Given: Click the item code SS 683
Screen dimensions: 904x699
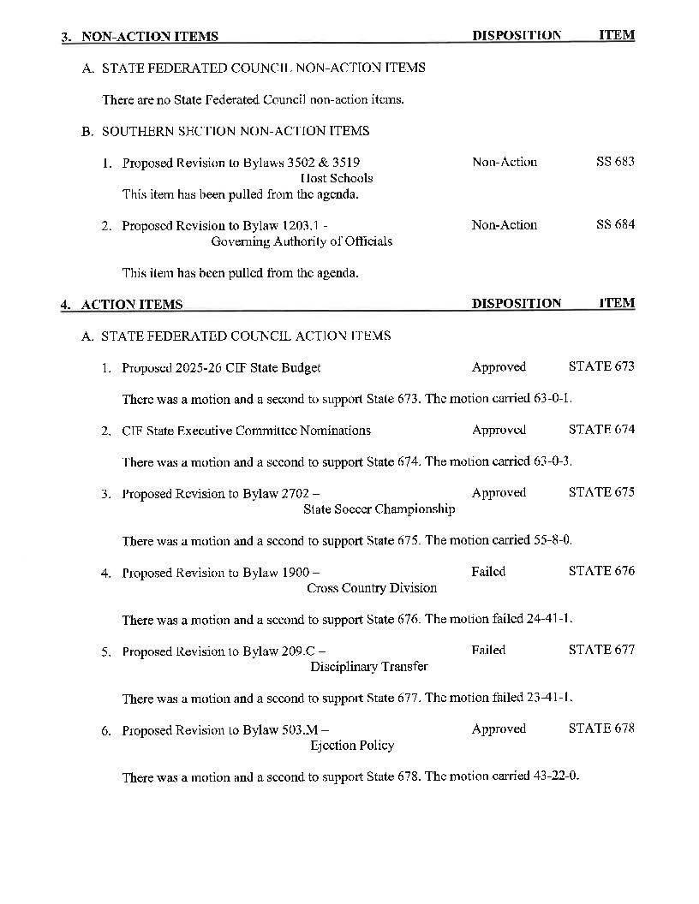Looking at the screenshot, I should (x=615, y=162).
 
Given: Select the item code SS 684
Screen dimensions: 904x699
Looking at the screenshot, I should (x=615, y=225).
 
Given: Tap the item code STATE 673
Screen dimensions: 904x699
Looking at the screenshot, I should (x=601, y=366).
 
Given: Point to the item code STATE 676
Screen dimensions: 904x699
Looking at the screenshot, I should (x=601, y=571).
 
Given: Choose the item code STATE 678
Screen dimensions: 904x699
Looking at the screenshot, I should (x=601, y=729).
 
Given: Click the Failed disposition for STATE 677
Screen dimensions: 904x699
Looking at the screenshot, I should (x=488, y=650).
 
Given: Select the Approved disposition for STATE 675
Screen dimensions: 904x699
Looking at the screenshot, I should (x=499, y=493).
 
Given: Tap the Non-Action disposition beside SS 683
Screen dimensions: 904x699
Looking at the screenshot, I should (x=505, y=162).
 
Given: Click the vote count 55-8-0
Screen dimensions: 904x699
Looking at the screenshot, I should (x=553, y=540).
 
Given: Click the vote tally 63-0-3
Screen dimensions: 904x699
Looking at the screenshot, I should (x=553, y=461).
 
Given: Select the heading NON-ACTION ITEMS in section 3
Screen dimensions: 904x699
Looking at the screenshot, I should (x=149, y=37).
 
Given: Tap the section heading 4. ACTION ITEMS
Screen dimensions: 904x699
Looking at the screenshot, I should (x=122, y=305).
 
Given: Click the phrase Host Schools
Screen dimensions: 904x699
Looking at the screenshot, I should (x=337, y=178).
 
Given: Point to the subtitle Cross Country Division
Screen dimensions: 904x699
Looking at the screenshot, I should (x=372, y=588).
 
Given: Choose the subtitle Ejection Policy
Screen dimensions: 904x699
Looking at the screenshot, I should (x=352, y=746).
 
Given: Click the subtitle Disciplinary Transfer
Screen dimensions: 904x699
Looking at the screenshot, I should (x=368, y=666).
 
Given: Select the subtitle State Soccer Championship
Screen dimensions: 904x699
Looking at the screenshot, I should (x=379, y=509).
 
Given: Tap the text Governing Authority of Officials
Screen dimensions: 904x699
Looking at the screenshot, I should (x=302, y=241).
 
